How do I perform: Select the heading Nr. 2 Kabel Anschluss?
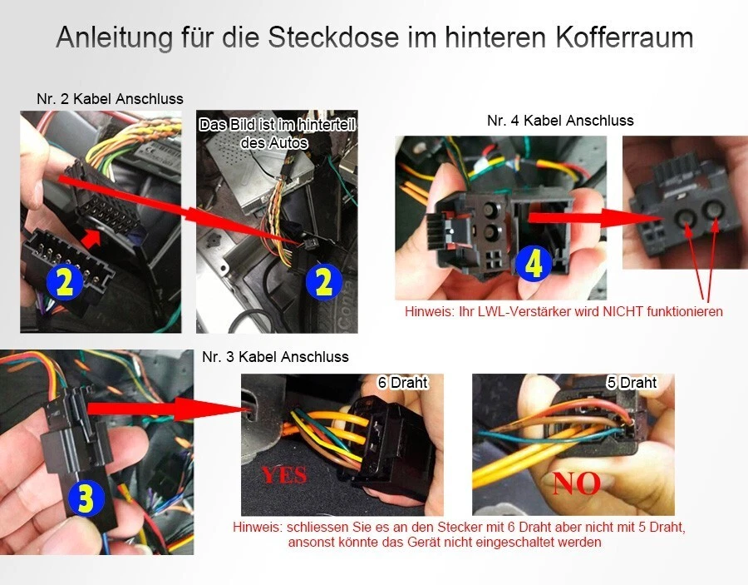(110, 99)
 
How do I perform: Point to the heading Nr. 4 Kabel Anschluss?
(560, 121)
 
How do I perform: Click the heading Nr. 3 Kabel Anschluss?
(275, 357)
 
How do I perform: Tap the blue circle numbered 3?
(86, 498)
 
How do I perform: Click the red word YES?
(284, 475)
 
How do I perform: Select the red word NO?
(576, 483)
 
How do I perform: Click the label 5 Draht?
(632, 383)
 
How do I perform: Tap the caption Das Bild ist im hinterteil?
(277, 126)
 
